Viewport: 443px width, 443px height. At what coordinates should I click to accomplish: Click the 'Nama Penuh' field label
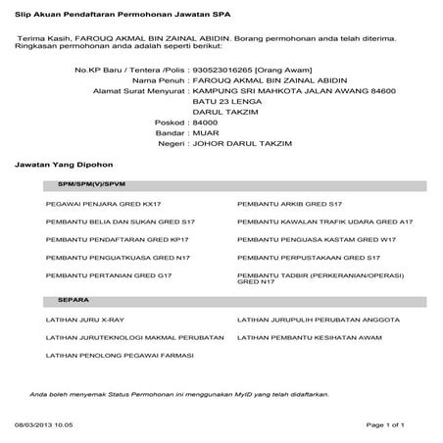(162, 81)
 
